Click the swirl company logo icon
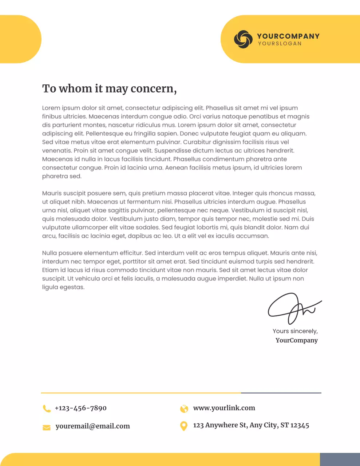pyautogui.click(x=243, y=39)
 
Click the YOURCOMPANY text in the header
pyautogui.click(x=288, y=36)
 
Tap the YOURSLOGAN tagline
pyautogui.click(x=280, y=44)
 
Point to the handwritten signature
pyautogui.click(x=293, y=309)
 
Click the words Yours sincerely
pyautogui.click(x=295, y=331)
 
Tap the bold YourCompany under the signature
pyautogui.click(x=296, y=340)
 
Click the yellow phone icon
pyautogui.click(x=47, y=408)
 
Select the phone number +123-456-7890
pyautogui.click(x=80, y=408)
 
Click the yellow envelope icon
pyautogui.click(x=47, y=427)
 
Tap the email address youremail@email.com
pyautogui.click(x=92, y=426)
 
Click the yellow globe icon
pyautogui.click(x=184, y=408)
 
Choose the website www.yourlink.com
pyautogui.click(x=224, y=408)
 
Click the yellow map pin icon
pyautogui.click(x=184, y=426)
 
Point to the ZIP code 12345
pyautogui.click(x=300, y=425)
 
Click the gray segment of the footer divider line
pyautogui.click(x=281, y=393)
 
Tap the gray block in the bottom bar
pyautogui.click(x=340, y=459)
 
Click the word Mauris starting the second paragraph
pyautogui.click(x=52, y=193)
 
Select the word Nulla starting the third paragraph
pyautogui.click(x=50, y=253)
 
